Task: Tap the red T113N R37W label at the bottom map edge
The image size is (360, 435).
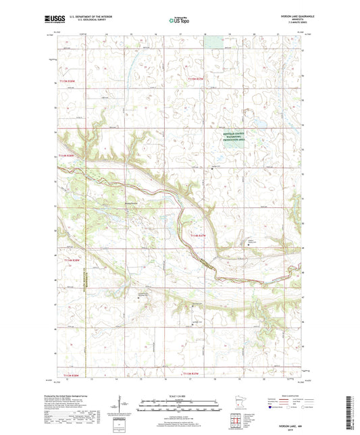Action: pos(193,373)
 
